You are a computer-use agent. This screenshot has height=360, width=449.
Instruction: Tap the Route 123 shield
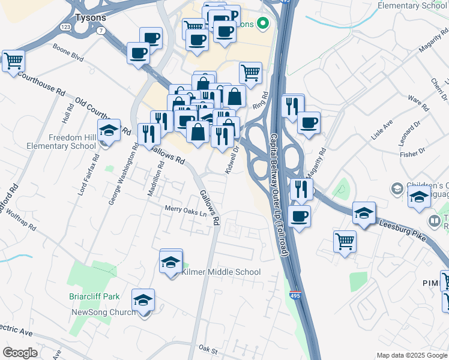[66, 27]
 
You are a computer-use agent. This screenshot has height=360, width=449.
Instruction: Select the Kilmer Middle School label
[221, 272]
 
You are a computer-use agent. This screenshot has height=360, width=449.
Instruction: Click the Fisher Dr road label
[412, 154]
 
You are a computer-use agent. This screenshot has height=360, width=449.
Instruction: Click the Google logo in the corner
[20, 353]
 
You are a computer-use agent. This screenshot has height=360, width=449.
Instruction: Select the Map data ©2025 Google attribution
[411, 355]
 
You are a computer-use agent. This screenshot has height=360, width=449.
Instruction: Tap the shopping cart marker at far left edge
[13, 60]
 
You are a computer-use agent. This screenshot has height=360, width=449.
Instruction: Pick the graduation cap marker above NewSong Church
[143, 300]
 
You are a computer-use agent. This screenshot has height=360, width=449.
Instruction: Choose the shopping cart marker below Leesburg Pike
[345, 241]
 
